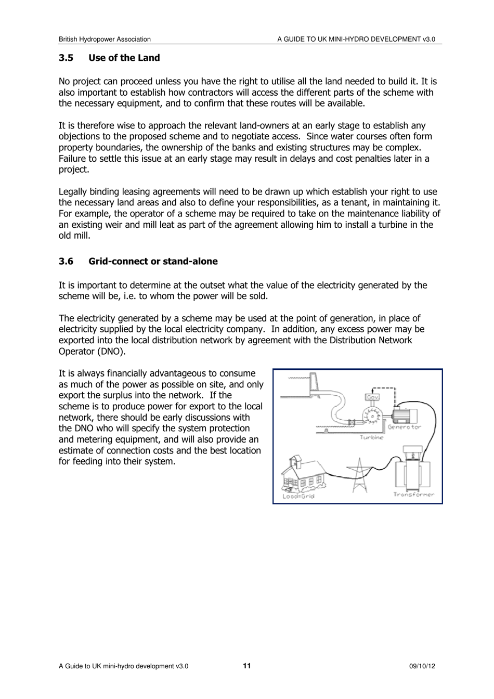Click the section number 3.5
[x=66, y=58]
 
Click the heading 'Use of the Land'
[x=124, y=58]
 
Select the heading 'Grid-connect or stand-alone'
[x=153, y=261]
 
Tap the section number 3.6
[x=66, y=261]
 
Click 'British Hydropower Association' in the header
[x=105, y=39]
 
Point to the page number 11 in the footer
[x=246, y=666]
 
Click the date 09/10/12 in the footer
[x=422, y=666]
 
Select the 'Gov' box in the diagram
[x=372, y=397]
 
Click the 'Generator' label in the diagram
[x=404, y=427]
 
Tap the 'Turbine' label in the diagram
[x=371, y=437]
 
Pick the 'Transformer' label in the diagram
[x=413, y=495]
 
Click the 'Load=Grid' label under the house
[x=298, y=496]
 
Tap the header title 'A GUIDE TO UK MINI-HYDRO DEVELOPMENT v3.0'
[x=356, y=39]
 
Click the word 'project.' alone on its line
[x=74, y=170]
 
